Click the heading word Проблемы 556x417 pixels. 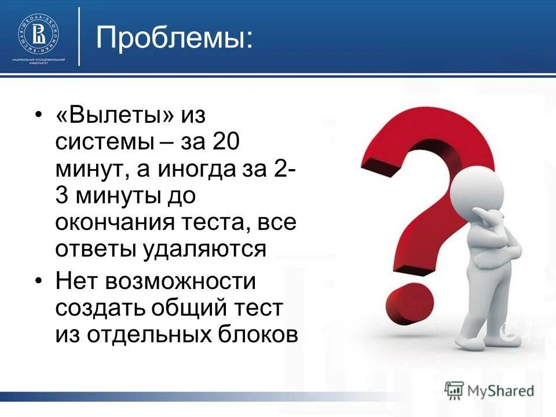tap(174, 38)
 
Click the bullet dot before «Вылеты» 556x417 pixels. tap(38, 115)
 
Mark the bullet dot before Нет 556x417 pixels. tap(38, 281)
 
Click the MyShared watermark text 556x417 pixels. tap(501, 390)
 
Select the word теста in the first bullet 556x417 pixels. tap(214, 223)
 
